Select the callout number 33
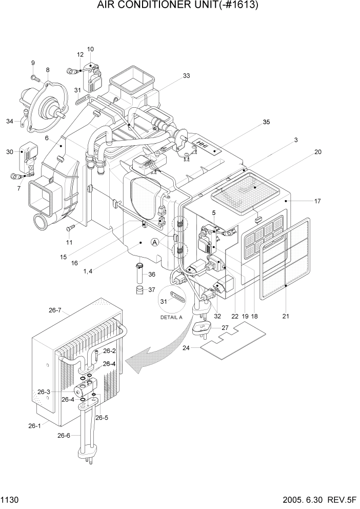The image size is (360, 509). click(186, 76)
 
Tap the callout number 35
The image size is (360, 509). click(266, 122)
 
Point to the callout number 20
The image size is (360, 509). click(317, 152)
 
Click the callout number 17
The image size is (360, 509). click(317, 202)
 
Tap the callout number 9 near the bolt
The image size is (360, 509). click(33, 63)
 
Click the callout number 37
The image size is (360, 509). click(152, 290)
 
